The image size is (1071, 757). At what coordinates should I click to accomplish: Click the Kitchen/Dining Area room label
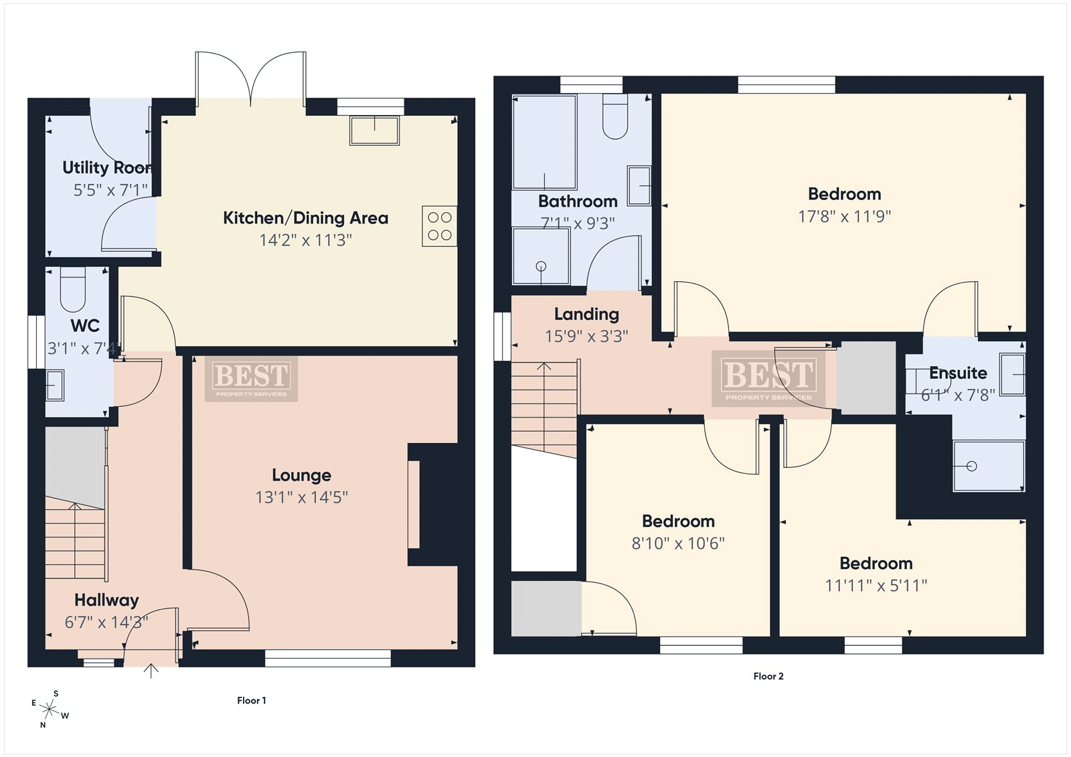305,218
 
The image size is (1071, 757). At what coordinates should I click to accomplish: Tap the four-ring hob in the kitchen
439,226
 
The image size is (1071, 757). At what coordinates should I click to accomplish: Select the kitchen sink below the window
374,130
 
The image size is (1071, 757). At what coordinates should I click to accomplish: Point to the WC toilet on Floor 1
73,289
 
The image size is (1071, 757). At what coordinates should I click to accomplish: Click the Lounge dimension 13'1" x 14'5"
302,497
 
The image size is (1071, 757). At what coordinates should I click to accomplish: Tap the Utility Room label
108,167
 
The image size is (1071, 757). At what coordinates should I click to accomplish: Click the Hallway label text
106,600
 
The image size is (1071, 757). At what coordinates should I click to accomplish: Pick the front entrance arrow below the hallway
151,671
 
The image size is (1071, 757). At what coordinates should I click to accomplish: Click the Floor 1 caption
252,701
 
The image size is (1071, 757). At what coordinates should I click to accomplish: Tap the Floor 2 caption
768,676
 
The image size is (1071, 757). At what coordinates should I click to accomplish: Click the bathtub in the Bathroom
544,142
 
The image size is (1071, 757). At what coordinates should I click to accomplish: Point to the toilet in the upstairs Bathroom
615,116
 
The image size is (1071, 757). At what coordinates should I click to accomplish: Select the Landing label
586,314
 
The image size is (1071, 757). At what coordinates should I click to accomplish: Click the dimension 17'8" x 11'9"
844,217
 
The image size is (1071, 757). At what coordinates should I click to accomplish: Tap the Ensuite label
958,373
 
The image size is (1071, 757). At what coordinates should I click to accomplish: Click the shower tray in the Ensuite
989,467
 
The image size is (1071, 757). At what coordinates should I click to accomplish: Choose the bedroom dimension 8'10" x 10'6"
678,543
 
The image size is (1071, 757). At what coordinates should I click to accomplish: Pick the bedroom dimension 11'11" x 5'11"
876,586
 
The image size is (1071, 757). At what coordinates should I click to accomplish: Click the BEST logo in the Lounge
252,380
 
